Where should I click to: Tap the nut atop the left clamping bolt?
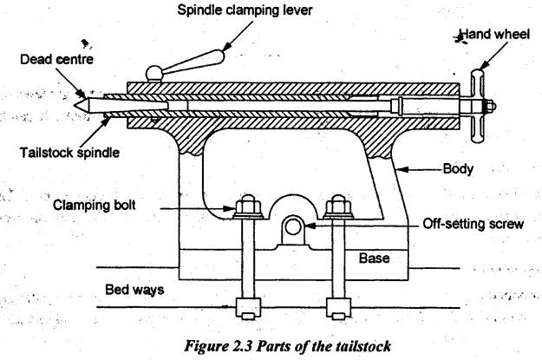[x=245, y=207]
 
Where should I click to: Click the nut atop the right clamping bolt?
[x=336, y=207]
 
